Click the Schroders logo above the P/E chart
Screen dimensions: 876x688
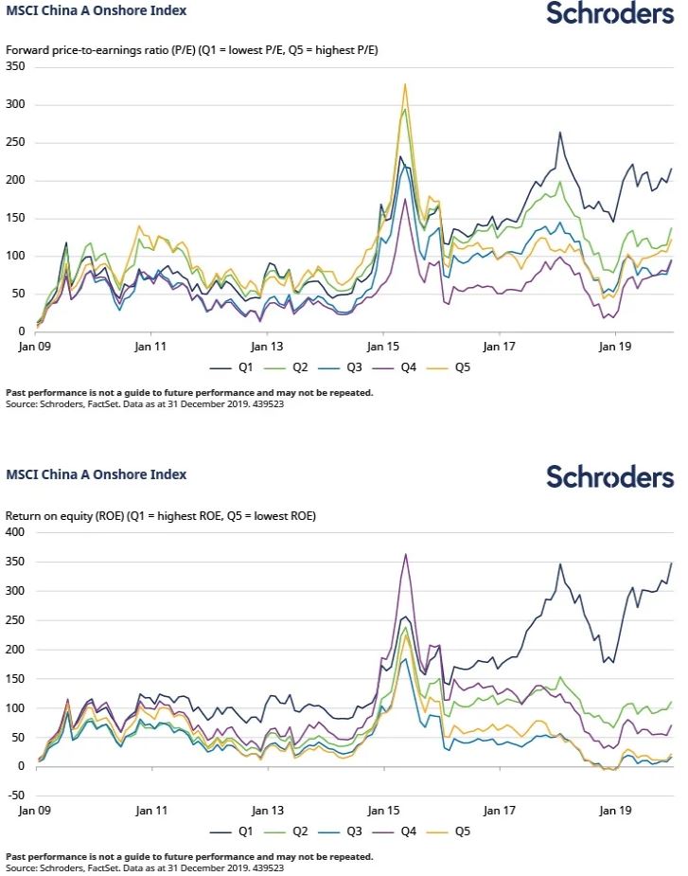click(609, 14)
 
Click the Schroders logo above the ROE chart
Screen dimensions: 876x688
click(609, 476)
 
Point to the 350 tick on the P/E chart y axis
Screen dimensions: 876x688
click(15, 66)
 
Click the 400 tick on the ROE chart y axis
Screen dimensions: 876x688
click(15, 532)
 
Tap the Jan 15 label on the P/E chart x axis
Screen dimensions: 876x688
click(383, 347)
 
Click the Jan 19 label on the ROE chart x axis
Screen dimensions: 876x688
click(616, 810)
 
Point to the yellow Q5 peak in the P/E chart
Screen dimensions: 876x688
click(405, 84)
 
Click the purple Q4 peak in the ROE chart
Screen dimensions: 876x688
click(406, 555)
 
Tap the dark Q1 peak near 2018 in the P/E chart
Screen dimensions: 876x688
click(560, 133)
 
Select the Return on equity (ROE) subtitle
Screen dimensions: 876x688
click(161, 516)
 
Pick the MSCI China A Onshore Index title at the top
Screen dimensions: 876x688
click(97, 11)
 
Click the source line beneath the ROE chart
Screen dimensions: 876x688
click(146, 867)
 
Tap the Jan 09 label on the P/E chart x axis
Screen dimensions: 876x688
click(37, 347)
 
